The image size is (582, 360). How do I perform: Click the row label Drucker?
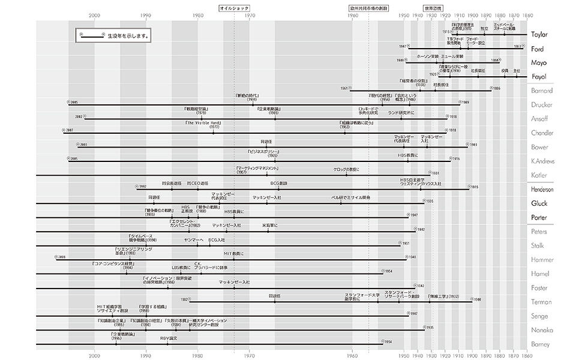pos(541,105)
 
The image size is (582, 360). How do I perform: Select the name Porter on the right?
pos(539,217)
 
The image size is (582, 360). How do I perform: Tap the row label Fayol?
pos(538,77)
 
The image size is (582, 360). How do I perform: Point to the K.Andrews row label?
pos(542,161)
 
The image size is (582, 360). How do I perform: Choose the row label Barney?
pos(541,344)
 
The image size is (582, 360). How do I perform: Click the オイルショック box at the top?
pos(234,9)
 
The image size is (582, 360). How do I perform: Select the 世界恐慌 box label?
pos(432,9)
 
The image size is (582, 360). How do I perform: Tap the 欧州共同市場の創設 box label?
pos(368,9)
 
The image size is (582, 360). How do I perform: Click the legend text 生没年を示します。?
pos(128,37)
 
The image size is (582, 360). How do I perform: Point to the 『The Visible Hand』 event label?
pos(202,122)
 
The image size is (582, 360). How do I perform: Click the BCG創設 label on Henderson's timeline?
pos(279,183)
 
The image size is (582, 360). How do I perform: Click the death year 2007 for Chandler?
pos(70,130)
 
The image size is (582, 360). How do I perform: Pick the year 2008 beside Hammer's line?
pos(61,256)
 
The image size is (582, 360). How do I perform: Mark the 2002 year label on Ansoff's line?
pos(79,116)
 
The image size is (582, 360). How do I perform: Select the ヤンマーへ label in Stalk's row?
pos(194,239)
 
